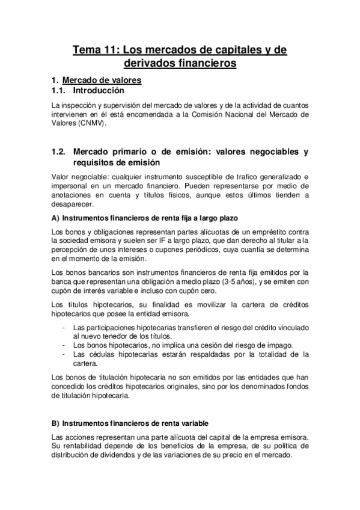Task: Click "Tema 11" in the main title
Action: (90, 49)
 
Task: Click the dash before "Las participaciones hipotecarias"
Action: (64, 327)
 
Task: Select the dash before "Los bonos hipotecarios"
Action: (64, 345)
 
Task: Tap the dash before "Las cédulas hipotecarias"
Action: (64, 354)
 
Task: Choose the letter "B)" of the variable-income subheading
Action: (56, 423)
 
